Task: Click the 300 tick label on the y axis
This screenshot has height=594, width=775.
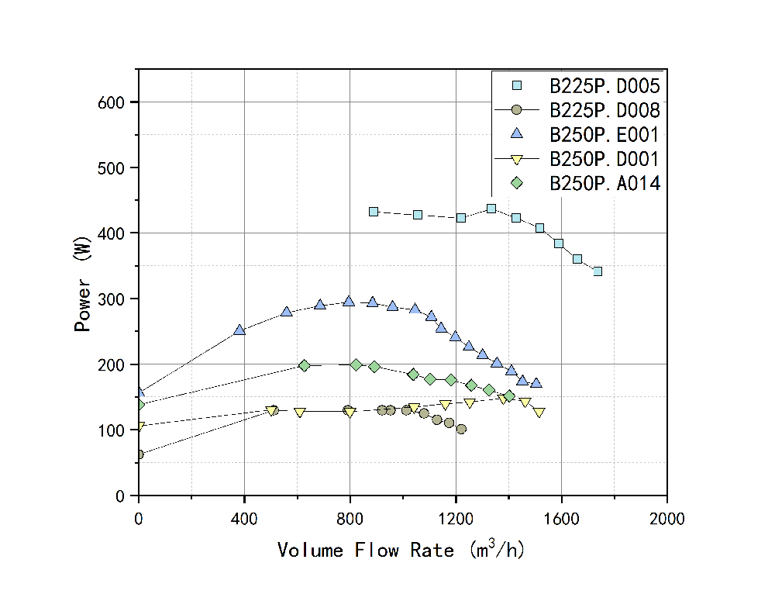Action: pos(118,299)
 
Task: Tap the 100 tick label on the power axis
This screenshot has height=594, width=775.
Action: pos(118,430)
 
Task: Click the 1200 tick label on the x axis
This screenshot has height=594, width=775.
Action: pos(456,518)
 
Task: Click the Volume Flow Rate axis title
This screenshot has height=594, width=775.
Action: pos(401,550)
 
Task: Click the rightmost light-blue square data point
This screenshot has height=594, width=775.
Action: pos(598,271)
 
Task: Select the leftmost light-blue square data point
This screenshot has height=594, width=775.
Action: pos(374,212)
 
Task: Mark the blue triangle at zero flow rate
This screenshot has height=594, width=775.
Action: pos(139,392)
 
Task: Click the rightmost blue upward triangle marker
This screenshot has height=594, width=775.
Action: pos(536,383)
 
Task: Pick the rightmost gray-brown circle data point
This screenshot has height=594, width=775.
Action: pos(461,429)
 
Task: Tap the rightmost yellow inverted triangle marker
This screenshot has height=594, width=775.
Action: pos(539,413)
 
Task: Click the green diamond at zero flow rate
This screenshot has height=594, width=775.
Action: pos(139,405)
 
